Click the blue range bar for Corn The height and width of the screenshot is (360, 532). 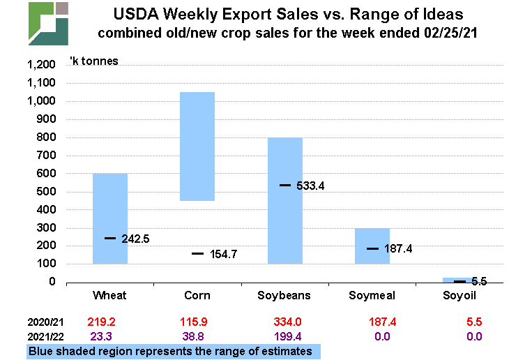(x=197, y=147)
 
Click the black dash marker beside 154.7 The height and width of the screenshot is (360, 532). (x=198, y=254)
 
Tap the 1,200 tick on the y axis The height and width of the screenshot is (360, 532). (x=40, y=65)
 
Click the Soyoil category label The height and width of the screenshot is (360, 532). (x=459, y=296)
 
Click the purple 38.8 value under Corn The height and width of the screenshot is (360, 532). (x=197, y=337)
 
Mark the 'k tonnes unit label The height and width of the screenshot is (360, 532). (x=93, y=61)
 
